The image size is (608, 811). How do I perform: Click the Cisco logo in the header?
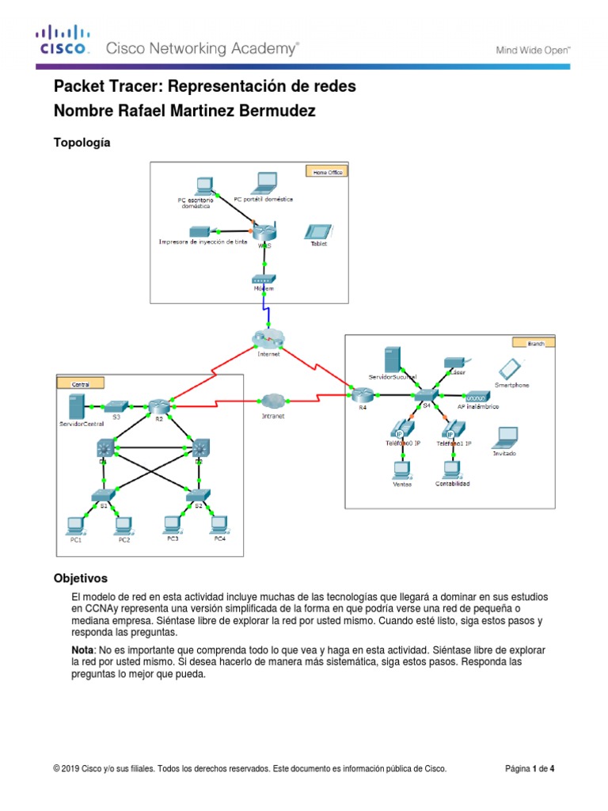(62, 41)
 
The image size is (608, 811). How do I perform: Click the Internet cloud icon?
(267, 338)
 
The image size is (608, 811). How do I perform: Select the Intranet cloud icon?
(273, 401)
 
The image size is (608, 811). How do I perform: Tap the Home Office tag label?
(326, 170)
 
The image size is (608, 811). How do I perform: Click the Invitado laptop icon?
(504, 436)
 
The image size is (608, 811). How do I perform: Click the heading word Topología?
(81, 143)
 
